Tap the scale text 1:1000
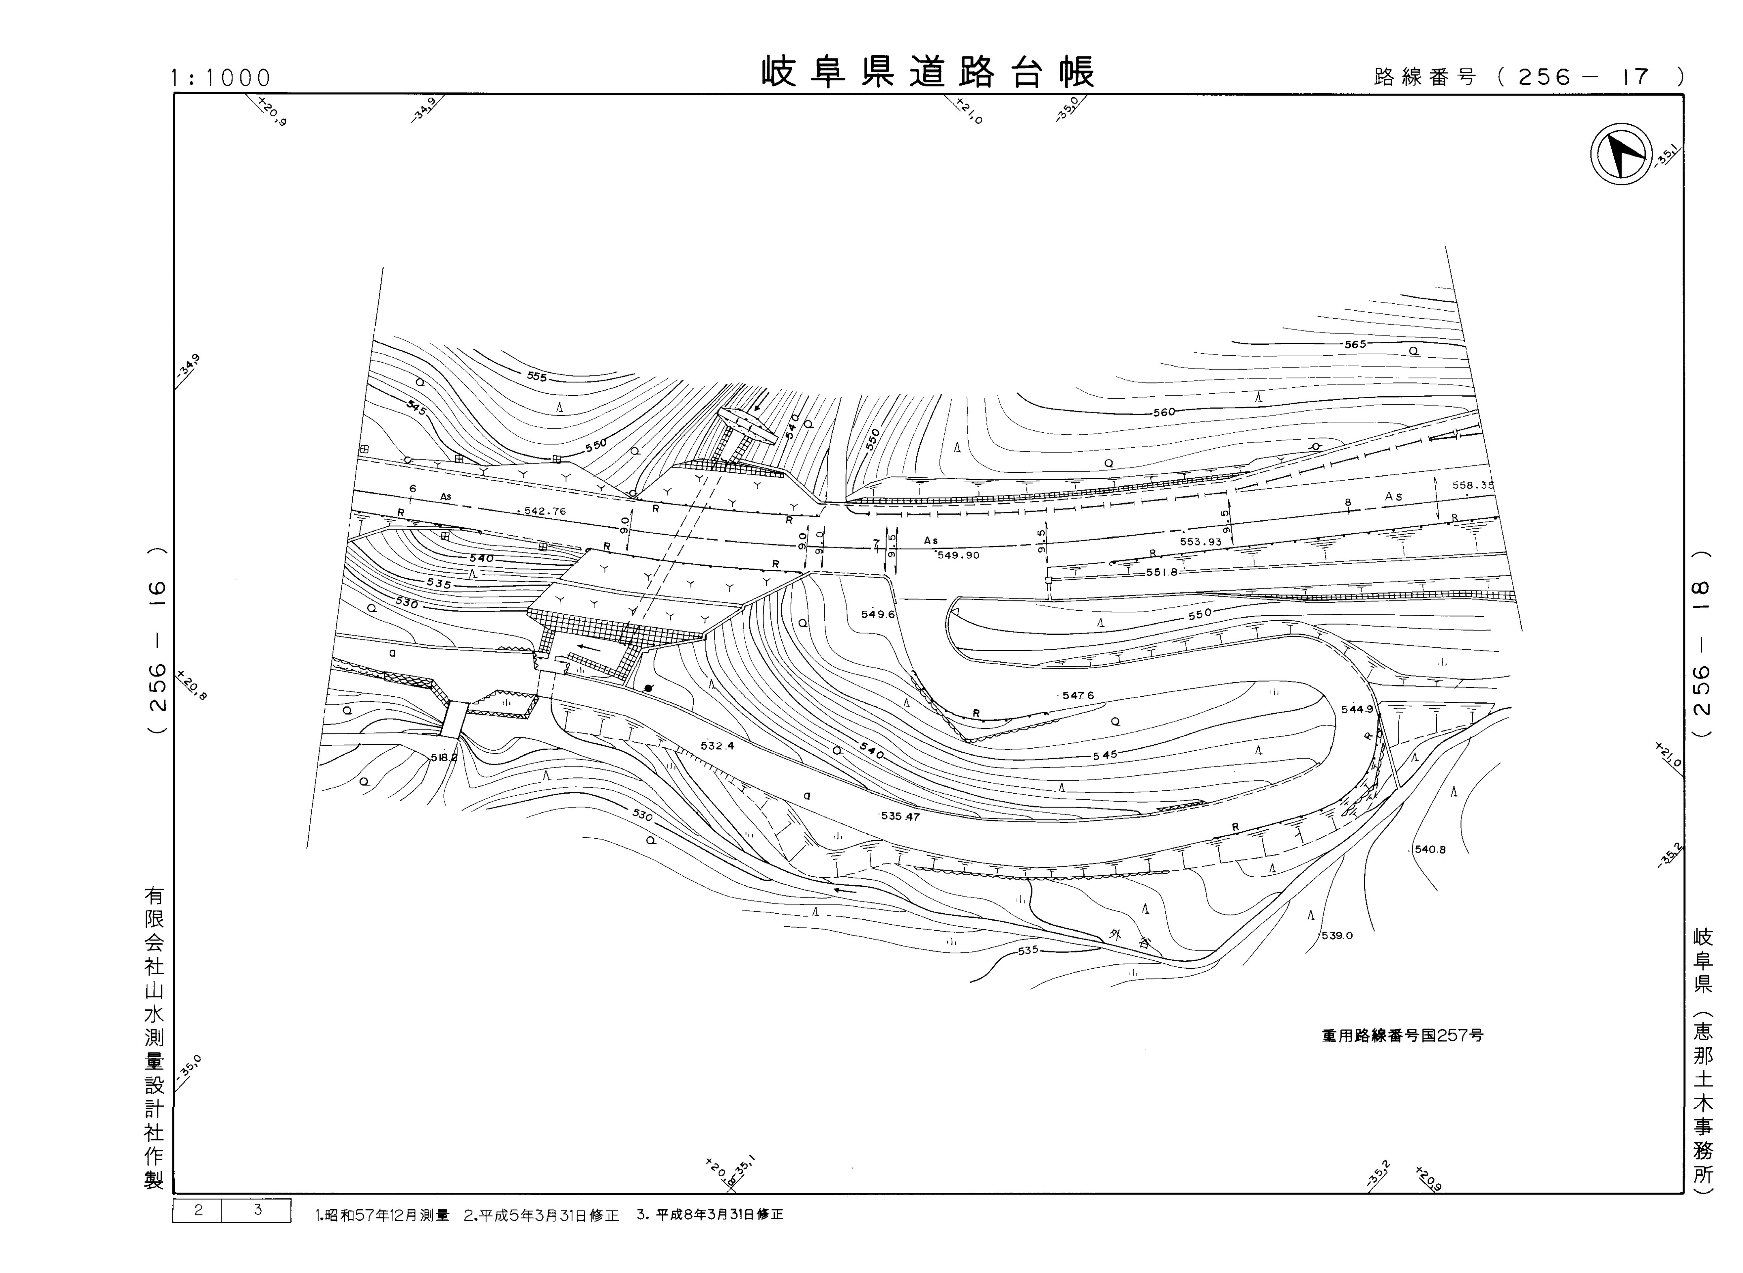pos(221,78)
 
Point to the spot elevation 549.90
pos(958,555)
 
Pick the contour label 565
pos(1355,344)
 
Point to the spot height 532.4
pos(717,746)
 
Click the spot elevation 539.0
pos(1337,936)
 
